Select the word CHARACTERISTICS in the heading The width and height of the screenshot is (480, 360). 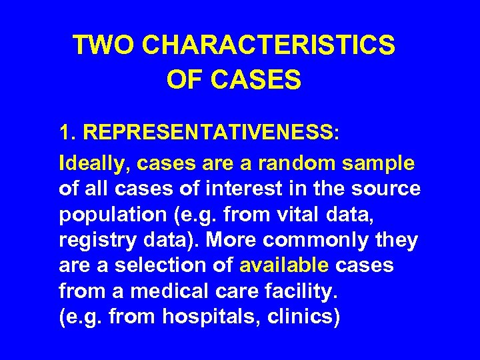[x=269, y=45]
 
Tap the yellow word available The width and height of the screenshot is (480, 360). [x=284, y=266]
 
